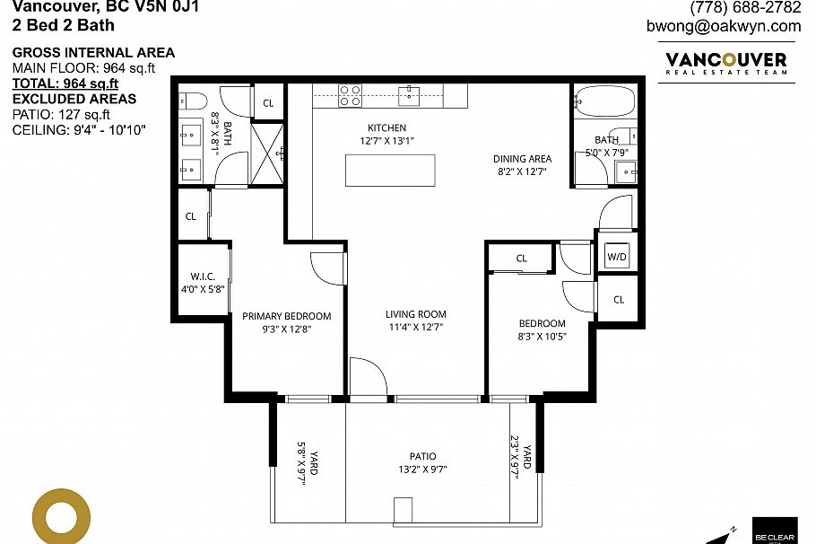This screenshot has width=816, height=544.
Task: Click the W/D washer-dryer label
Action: (617, 257)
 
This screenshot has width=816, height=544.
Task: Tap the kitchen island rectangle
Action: (390, 171)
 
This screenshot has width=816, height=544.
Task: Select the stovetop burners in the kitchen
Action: (350, 94)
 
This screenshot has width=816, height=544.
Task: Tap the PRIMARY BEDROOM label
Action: (287, 316)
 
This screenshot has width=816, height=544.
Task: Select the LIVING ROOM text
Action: (416, 314)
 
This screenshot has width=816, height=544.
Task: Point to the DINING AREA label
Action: (522, 159)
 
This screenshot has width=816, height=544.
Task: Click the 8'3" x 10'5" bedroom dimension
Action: (543, 337)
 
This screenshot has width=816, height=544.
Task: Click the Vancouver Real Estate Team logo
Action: (725, 65)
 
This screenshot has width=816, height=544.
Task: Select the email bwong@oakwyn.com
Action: (724, 26)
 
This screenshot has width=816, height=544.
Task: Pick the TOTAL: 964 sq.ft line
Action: (65, 83)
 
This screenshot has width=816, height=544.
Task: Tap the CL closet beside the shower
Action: (268, 103)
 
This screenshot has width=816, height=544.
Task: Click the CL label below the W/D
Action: (619, 300)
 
